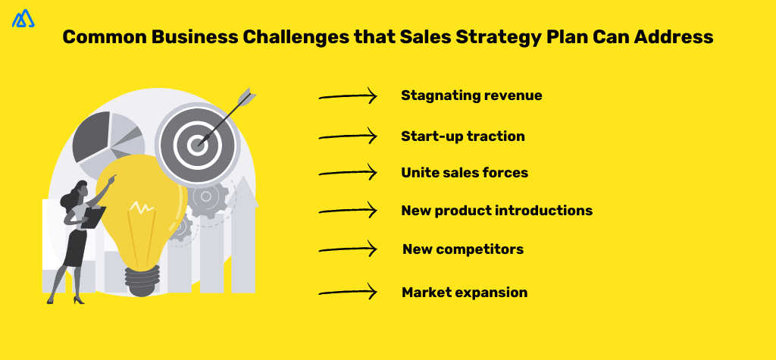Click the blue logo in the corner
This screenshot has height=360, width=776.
point(23,18)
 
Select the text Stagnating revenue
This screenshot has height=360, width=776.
point(471,95)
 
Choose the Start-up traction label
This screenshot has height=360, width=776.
point(462,136)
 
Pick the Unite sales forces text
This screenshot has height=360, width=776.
point(464,173)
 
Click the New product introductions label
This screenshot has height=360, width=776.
point(496,210)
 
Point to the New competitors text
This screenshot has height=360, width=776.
point(462,249)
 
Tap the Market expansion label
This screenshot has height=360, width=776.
point(464,293)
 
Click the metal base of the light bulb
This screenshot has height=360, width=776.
point(145,281)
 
